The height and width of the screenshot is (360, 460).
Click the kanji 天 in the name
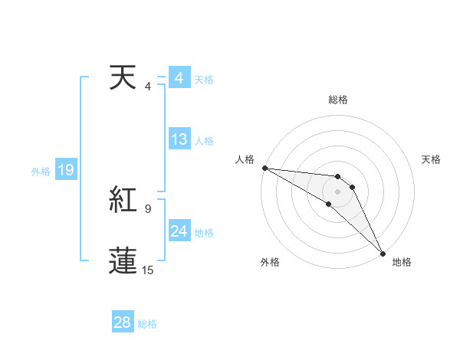point(123,78)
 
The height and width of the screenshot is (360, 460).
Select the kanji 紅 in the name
point(123,200)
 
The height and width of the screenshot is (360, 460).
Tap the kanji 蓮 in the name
point(123,261)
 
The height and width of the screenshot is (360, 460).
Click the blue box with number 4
point(179,78)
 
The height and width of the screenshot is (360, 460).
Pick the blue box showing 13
point(179,139)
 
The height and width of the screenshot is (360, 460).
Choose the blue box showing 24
point(179,231)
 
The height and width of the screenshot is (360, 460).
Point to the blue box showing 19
point(66,170)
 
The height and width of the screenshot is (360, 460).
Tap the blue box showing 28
point(123,322)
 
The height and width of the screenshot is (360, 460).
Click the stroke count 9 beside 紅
point(148,208)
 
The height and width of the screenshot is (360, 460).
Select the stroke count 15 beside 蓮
point(148,270)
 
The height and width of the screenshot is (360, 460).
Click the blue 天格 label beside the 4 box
point(204,80)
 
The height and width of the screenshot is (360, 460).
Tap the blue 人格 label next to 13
point(204,141)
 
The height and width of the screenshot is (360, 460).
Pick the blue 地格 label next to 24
point(204,233)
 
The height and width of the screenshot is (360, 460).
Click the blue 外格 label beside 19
point(41,172)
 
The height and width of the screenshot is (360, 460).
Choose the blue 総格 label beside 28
point(148,324)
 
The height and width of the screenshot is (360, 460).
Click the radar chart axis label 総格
point(338,100)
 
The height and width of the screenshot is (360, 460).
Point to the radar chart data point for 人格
point(264,167)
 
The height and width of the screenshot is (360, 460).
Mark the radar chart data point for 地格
point(382,253)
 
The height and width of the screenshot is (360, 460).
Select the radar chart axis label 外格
point(269,262)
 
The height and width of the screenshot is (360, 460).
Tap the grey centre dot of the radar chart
point(338,191)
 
